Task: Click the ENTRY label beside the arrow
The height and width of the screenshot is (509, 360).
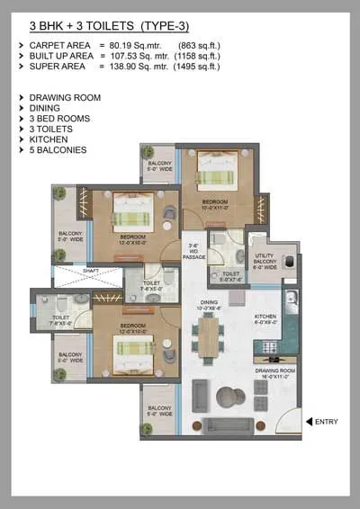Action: (x=328, y=420)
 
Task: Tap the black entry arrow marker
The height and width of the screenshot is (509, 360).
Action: (x=309, y=420)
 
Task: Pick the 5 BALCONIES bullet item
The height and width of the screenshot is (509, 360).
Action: (x=58, y=150)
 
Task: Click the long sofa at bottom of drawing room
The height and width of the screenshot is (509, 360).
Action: (x=232, y=425)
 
